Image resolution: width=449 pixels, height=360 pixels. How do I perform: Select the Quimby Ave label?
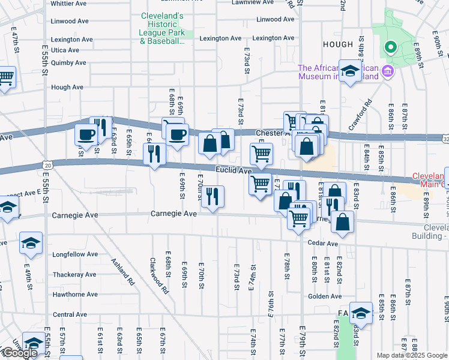tap(69, 62)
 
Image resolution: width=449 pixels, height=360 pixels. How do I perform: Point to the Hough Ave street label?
tap(67, 87)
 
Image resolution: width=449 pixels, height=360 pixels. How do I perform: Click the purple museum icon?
tap(387, 72)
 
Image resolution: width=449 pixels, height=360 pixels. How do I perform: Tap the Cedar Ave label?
tap(324, 243)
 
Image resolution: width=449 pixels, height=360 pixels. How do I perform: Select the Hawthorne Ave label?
tap(75, 295)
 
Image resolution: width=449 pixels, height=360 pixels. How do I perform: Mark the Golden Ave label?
tap(325, 296)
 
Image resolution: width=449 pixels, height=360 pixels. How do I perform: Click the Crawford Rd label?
tap(360, 120)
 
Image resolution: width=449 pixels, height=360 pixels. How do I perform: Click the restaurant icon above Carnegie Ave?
tap(212, 196)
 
